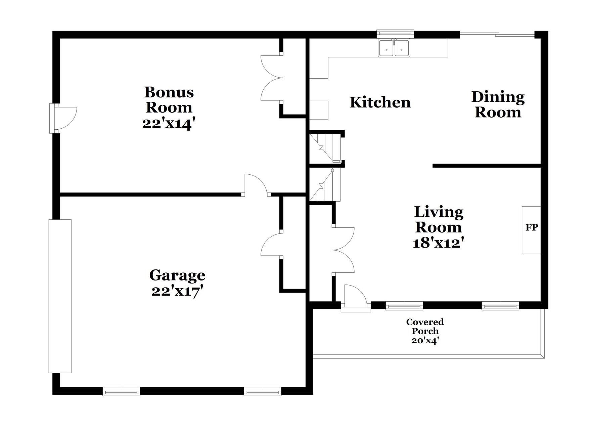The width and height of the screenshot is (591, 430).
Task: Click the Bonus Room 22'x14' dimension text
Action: (169, 123)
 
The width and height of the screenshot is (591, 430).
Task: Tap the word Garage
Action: (177, 275)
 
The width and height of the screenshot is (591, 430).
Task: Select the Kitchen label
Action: (380, 102)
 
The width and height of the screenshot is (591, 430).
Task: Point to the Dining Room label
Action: (498, 104)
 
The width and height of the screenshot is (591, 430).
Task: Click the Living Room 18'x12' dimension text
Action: (439, 243)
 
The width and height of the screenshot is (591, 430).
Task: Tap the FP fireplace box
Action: (531, 229)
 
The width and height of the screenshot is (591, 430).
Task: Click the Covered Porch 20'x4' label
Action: (425, 331)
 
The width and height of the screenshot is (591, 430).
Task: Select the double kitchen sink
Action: (394, 48)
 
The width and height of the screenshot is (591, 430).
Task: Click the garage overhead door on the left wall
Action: (60, 296)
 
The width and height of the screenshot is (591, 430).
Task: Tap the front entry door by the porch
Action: (355, 297)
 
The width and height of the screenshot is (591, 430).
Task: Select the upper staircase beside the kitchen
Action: (325, 148)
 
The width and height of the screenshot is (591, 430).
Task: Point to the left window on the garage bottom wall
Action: (121, 391)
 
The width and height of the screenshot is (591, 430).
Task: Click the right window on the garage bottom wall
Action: (262, 391)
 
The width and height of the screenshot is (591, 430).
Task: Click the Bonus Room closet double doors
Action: (272, 78)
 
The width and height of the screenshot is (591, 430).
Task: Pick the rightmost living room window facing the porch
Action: (500, 306)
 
